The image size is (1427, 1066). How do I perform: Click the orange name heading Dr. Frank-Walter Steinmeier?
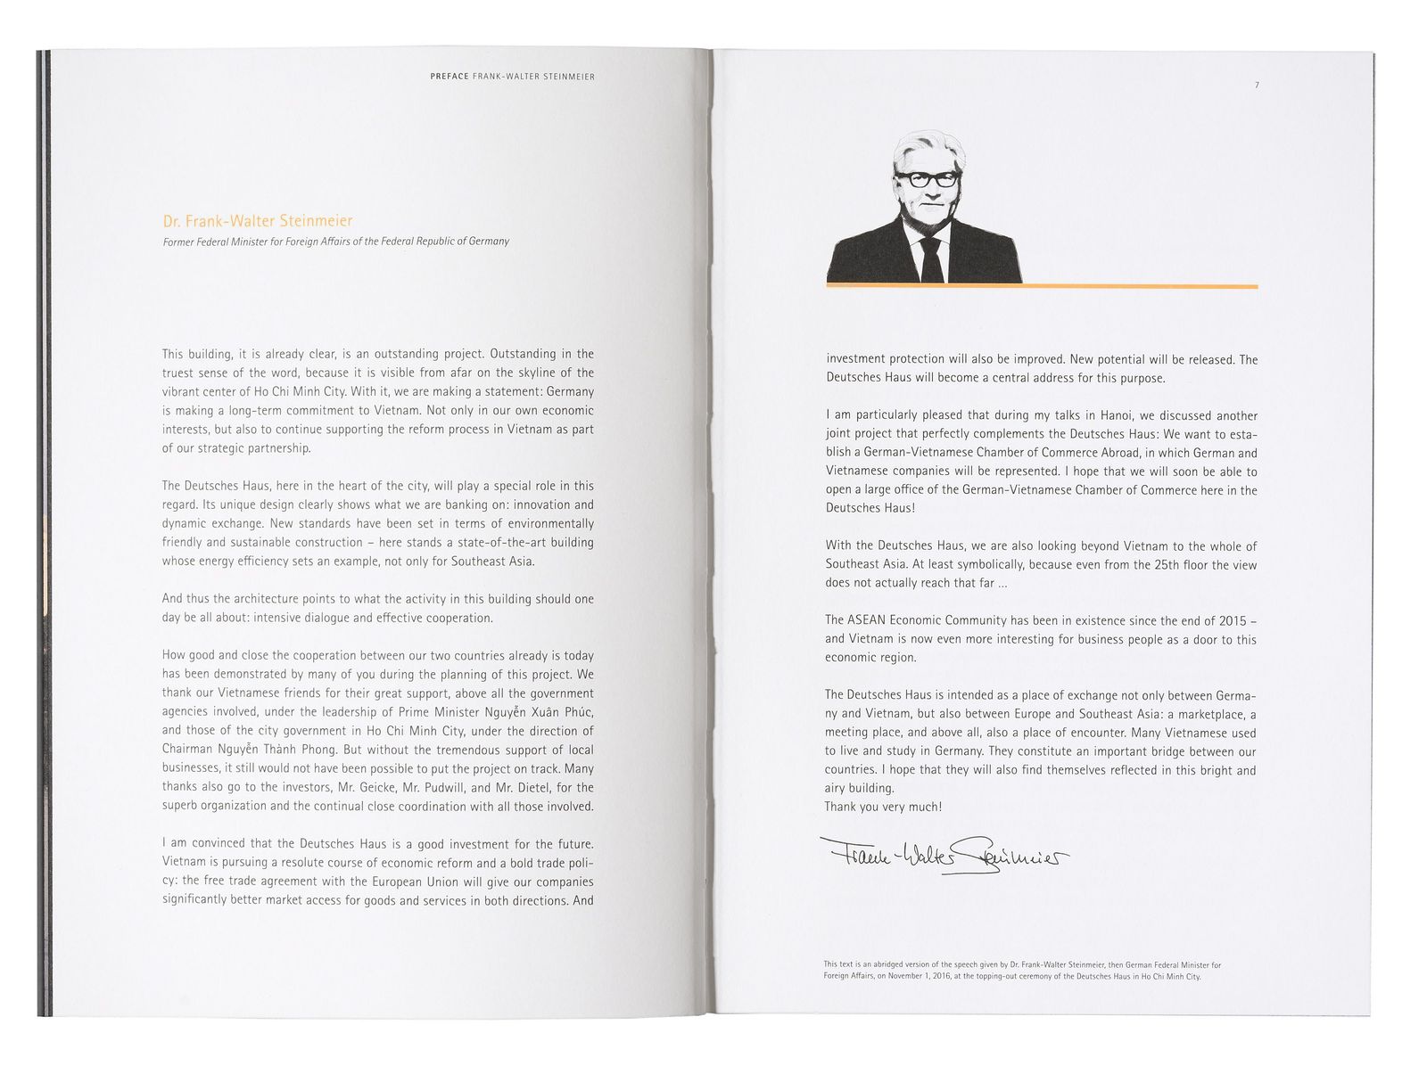click(x=257, y=222)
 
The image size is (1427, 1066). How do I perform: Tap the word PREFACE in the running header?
click(x=449, y=77)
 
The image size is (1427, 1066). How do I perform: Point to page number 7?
click(x=1257, y=86)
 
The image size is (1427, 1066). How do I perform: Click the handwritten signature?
click(x=941, y=857)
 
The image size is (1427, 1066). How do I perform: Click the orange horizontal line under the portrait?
click(x=1042, y=286)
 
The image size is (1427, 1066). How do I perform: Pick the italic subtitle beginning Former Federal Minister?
click(x=335, y=242)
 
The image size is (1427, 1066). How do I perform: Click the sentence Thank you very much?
click(x=883, y=807)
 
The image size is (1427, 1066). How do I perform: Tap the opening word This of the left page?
click(x=173, y=354)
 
